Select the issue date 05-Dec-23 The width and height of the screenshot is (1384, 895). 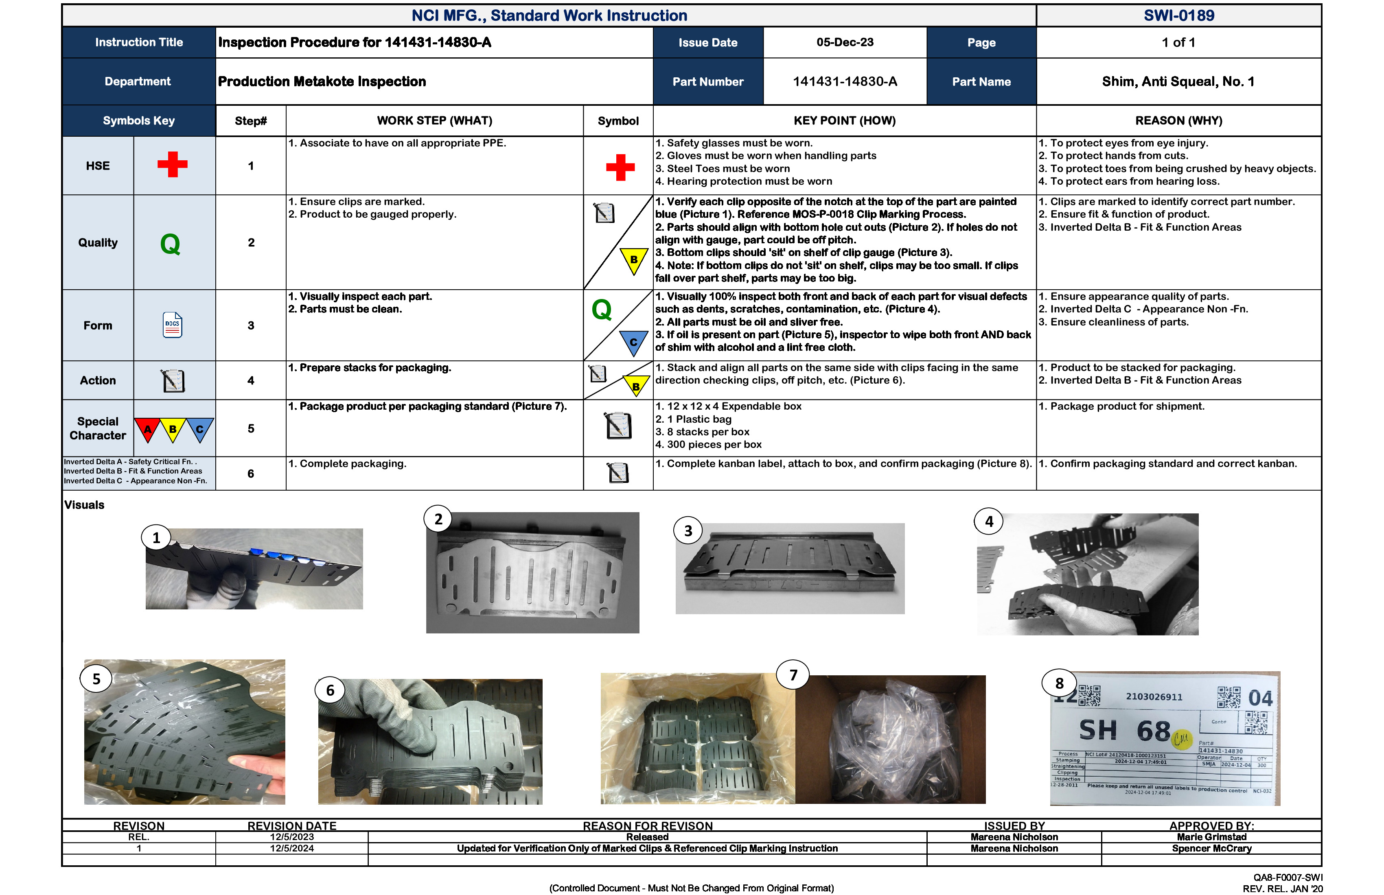click(x=844, y=42)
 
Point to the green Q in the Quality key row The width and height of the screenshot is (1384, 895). click(x=171, y=244)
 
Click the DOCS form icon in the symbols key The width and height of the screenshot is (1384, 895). click(x=173, y=325)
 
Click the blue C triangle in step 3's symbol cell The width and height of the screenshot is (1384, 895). click(x=633, y=343)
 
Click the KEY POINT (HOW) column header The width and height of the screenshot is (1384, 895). click(x=844, y=121)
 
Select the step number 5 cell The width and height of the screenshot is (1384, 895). click(x=251, y=428)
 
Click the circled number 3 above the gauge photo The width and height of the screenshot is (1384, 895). click(x=688, y=530)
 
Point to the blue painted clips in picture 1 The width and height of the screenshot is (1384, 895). click(x=285, y=554)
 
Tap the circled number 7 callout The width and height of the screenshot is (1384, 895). click(x=793, y=675)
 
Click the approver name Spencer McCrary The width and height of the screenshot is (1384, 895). click(x=1211, y=849)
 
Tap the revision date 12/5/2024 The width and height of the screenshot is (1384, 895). click(x=291, y=849)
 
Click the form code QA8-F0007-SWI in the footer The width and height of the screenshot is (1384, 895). click(x=1288, y=878)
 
